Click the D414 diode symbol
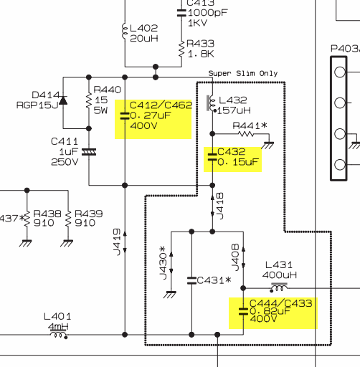pos(63,100)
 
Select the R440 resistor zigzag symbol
pos(89,101)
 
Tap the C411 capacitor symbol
pos(89,152)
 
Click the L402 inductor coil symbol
pos(125,31)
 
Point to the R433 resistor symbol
pos(181,49)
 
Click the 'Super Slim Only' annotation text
pos(243,73)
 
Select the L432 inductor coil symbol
pos(212,103)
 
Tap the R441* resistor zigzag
pos(246,134)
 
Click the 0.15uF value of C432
pos(238,162)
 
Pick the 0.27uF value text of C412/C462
pos(151,115)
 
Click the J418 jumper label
pos(220,206)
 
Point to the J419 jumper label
pos(117,242)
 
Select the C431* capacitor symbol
pos(191,280)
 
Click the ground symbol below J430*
pos(170,295)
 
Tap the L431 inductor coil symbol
pos(279,287)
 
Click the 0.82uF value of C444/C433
pos(270,311)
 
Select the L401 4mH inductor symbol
pos(59,334)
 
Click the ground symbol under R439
pos(67,243)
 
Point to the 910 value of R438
pos(44,223)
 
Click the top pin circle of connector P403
pos(340,72)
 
